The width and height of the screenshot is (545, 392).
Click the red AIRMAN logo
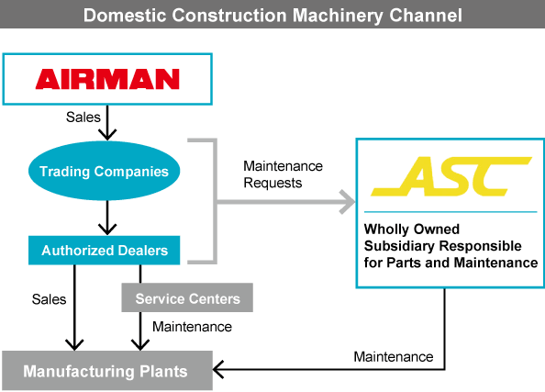tap(107, 80)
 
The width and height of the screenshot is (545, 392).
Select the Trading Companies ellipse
tap(104, 172)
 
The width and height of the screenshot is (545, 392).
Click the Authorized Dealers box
tap(104, 249)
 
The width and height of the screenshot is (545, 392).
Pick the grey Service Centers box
tap(186, 298)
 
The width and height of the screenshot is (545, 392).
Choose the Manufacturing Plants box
tap(106, 372)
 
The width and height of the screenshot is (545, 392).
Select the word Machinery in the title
tap(342, 16)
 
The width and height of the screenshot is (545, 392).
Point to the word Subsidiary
tap(401, 246)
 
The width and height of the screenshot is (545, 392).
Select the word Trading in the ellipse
tap(63, 172)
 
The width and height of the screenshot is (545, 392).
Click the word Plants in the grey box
tap(164, 372)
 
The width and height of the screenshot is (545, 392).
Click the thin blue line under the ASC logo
tap(447, 212)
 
